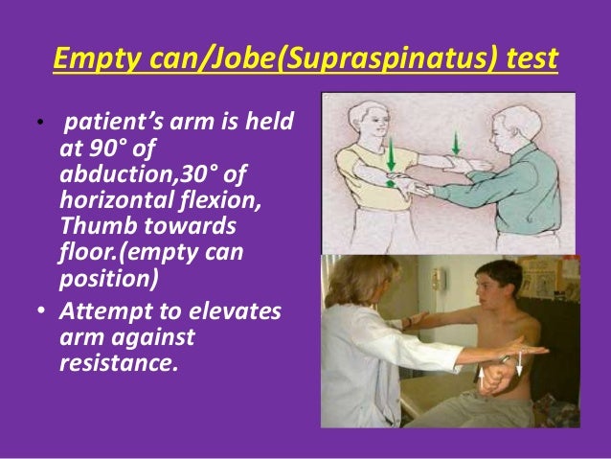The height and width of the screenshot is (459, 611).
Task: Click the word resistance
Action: [x=119, y=361]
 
